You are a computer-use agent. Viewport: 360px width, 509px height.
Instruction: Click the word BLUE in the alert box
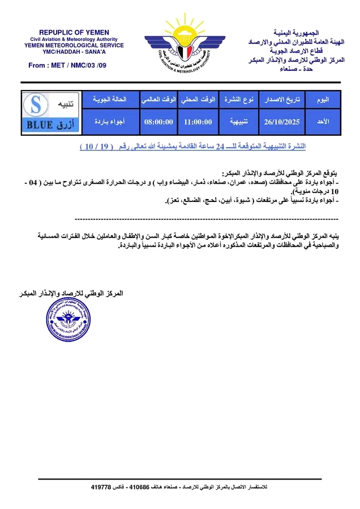[x=39, y=125]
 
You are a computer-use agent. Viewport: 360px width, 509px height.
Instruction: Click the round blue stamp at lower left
[x=68, y=322]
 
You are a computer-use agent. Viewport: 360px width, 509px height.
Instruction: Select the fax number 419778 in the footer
[x=102, y=487]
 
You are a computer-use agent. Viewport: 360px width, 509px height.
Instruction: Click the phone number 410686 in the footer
[x=139, y=487]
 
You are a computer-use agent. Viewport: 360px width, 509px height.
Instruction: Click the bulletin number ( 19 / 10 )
[x=96, y=146]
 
